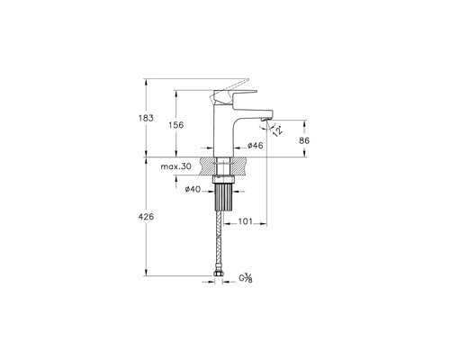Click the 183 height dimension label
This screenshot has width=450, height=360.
pos(146,118)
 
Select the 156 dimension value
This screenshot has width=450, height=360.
pos(175,125)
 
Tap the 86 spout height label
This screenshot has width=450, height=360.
pos(304,140)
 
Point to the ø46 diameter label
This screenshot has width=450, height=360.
pos(256,146)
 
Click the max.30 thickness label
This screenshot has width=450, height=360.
pos(175,166)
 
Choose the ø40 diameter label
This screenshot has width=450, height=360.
pos(193,189)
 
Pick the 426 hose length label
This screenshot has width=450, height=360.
pos(146,216)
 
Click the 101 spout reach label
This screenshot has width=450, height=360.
pos(246,221)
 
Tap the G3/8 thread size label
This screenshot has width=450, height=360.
pos(246,278)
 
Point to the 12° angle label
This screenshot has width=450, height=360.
pos(278,131)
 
